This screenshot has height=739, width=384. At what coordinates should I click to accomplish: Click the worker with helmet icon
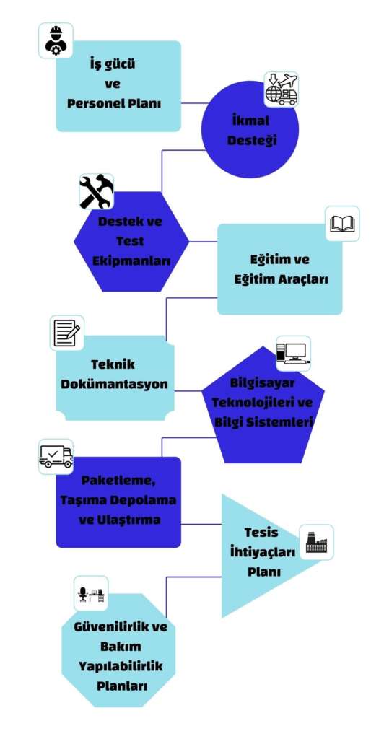click(56, 40)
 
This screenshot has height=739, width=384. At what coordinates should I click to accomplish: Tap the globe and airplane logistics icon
click(282, 89)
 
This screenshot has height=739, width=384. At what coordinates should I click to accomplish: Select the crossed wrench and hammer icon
click(96, 191)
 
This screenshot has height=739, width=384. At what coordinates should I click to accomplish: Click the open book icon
click(343, 224)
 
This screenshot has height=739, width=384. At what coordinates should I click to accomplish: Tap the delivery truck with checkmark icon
click(56, 457)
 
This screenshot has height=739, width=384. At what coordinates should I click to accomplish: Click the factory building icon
click(317, 542)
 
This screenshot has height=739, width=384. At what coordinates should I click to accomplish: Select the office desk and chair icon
click(91, 593)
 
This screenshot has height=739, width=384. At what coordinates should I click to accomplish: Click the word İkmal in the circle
click(250, 121)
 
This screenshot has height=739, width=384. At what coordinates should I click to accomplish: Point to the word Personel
click(93, 103)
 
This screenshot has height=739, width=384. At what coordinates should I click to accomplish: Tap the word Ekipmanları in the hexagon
click(131, 261)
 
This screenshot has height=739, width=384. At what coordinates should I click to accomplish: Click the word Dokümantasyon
click(115, 384)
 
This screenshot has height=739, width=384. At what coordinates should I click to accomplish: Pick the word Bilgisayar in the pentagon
click(263, 382)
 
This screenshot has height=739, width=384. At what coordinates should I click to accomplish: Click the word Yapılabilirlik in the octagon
click(121, 666)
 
